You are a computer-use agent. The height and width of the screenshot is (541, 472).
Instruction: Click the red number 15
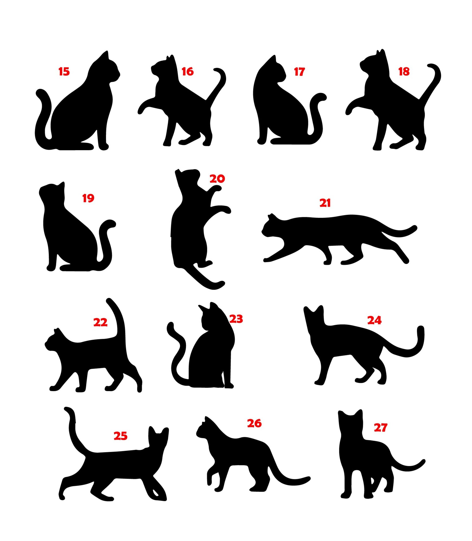pyautogui.click(x=64, y=71)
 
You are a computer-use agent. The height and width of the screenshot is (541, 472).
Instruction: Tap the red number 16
pyautogui.click(x=188, y=71)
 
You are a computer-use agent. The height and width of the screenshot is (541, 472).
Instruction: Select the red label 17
pyautogui.click(x=299, y=71)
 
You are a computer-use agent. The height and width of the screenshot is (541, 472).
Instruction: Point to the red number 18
pyautogui.click(x=404, y=71)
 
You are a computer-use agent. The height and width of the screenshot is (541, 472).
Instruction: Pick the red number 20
pyautogui.click(x=217, y=179)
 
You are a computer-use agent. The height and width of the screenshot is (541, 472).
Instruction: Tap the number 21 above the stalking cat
pyautogui.click(x=325, y=203)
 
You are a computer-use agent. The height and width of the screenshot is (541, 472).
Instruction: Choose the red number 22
pyautogui.click(x=101, y=322)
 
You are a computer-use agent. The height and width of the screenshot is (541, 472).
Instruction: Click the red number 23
pyautogui.click(x=236, y=319)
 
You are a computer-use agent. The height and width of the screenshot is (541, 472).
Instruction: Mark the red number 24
pyautogui.click(x=374, y=320)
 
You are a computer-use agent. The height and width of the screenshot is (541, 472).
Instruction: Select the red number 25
pyautogui.click(x=121, y=436)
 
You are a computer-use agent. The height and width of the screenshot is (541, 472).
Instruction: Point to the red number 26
pyautogui.click(x=254, y=423)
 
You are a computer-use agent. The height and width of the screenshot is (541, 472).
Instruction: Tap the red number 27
pyautogui.click(x=381, y=427)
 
